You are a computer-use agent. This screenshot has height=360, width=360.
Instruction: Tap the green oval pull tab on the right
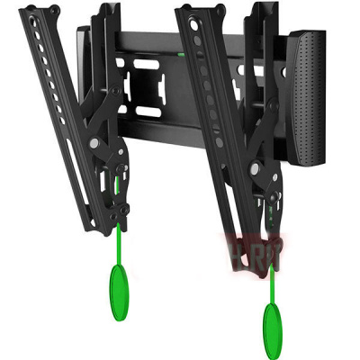pos(271,318)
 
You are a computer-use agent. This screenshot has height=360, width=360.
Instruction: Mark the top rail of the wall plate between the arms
pos(153,40)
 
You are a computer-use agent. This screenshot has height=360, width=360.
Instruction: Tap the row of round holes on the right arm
pos(211,99)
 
